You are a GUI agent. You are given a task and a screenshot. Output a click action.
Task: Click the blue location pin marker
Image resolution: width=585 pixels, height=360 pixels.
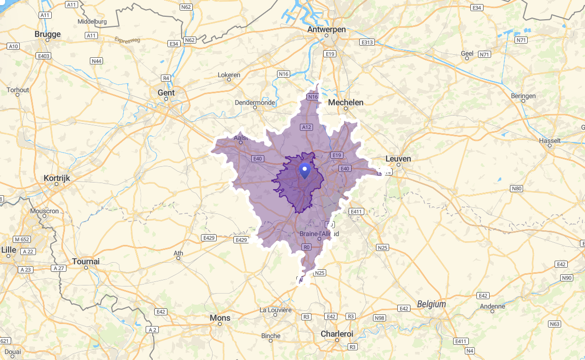(304, 170)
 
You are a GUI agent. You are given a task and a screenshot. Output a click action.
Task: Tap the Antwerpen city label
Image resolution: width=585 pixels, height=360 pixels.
(326, 29)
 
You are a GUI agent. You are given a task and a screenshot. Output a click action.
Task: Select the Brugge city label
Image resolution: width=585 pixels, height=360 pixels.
(48, 34)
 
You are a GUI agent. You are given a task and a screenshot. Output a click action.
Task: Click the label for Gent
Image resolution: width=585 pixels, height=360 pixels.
(166, 93)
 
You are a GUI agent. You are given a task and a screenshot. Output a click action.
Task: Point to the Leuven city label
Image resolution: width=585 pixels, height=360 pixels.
(398, 158)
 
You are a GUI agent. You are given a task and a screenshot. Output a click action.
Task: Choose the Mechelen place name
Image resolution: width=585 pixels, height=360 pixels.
(346, 102)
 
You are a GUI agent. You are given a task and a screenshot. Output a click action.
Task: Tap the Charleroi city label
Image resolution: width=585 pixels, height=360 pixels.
(337, 334)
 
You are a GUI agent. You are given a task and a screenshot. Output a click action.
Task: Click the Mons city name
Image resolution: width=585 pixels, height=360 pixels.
(220, 318)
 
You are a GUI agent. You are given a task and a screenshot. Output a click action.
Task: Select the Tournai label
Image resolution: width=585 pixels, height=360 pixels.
(86, 261)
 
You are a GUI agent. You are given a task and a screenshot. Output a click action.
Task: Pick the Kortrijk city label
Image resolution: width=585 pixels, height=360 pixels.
(57, 178)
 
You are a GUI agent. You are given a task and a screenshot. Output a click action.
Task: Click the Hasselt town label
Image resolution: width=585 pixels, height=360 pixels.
(550, 140)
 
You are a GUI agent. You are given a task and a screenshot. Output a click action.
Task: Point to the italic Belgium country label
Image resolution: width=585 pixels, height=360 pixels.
(431, 304)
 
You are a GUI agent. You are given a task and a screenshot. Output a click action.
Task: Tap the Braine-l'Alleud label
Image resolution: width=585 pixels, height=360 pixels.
(319, 234)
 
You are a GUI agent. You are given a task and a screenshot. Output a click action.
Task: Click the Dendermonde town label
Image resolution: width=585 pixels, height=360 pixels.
(255, 102)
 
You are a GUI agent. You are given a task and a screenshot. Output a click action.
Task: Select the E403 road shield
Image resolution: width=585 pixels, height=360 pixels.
(44, 56)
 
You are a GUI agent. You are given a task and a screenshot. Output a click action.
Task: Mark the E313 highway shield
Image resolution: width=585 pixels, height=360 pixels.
(367, 43)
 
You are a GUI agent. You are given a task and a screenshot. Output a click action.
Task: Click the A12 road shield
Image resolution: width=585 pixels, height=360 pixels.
(306, 127)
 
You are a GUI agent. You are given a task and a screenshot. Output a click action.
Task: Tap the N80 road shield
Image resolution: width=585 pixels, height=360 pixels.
(517, 189)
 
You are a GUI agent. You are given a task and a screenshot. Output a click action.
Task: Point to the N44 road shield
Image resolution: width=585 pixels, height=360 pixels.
(96, 61)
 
